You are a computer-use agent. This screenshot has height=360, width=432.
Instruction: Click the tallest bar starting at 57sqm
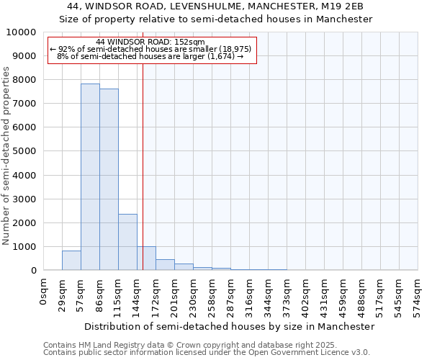[90, 177]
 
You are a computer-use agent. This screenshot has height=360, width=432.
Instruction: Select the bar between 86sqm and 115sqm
[109, 179]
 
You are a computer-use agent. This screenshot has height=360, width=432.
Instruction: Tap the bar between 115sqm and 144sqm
[127, 242]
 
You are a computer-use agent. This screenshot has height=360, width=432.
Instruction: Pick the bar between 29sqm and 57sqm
[71, 261]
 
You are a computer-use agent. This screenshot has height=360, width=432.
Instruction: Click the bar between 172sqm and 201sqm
[165, 265]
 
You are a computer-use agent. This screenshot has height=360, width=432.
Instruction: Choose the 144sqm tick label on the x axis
[138, 296]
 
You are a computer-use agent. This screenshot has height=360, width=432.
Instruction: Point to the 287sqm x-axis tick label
[231, 296]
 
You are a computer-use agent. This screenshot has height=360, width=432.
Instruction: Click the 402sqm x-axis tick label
[306, 296]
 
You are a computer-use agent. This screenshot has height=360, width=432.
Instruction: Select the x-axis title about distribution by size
[230, 326]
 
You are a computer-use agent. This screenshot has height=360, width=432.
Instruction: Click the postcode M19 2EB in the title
[341, 6]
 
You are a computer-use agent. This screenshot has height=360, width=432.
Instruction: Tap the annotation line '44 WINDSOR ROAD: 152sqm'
[150, 42]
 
